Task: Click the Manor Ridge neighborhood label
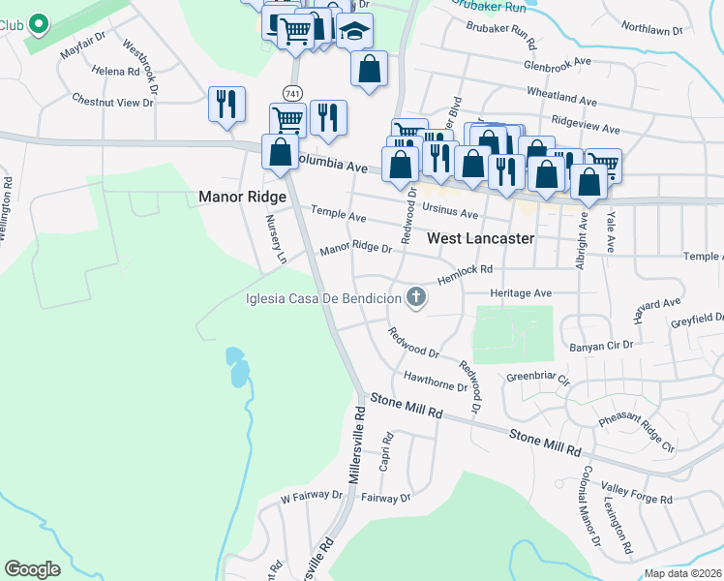242,197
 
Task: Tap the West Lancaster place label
480,237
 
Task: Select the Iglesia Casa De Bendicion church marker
416,298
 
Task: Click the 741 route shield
291,92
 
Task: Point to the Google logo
32,569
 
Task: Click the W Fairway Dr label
312,497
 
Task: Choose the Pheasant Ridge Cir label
636,432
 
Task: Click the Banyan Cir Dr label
601,344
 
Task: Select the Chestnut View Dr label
113,100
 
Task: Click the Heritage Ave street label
520,292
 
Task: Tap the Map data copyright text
683,573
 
